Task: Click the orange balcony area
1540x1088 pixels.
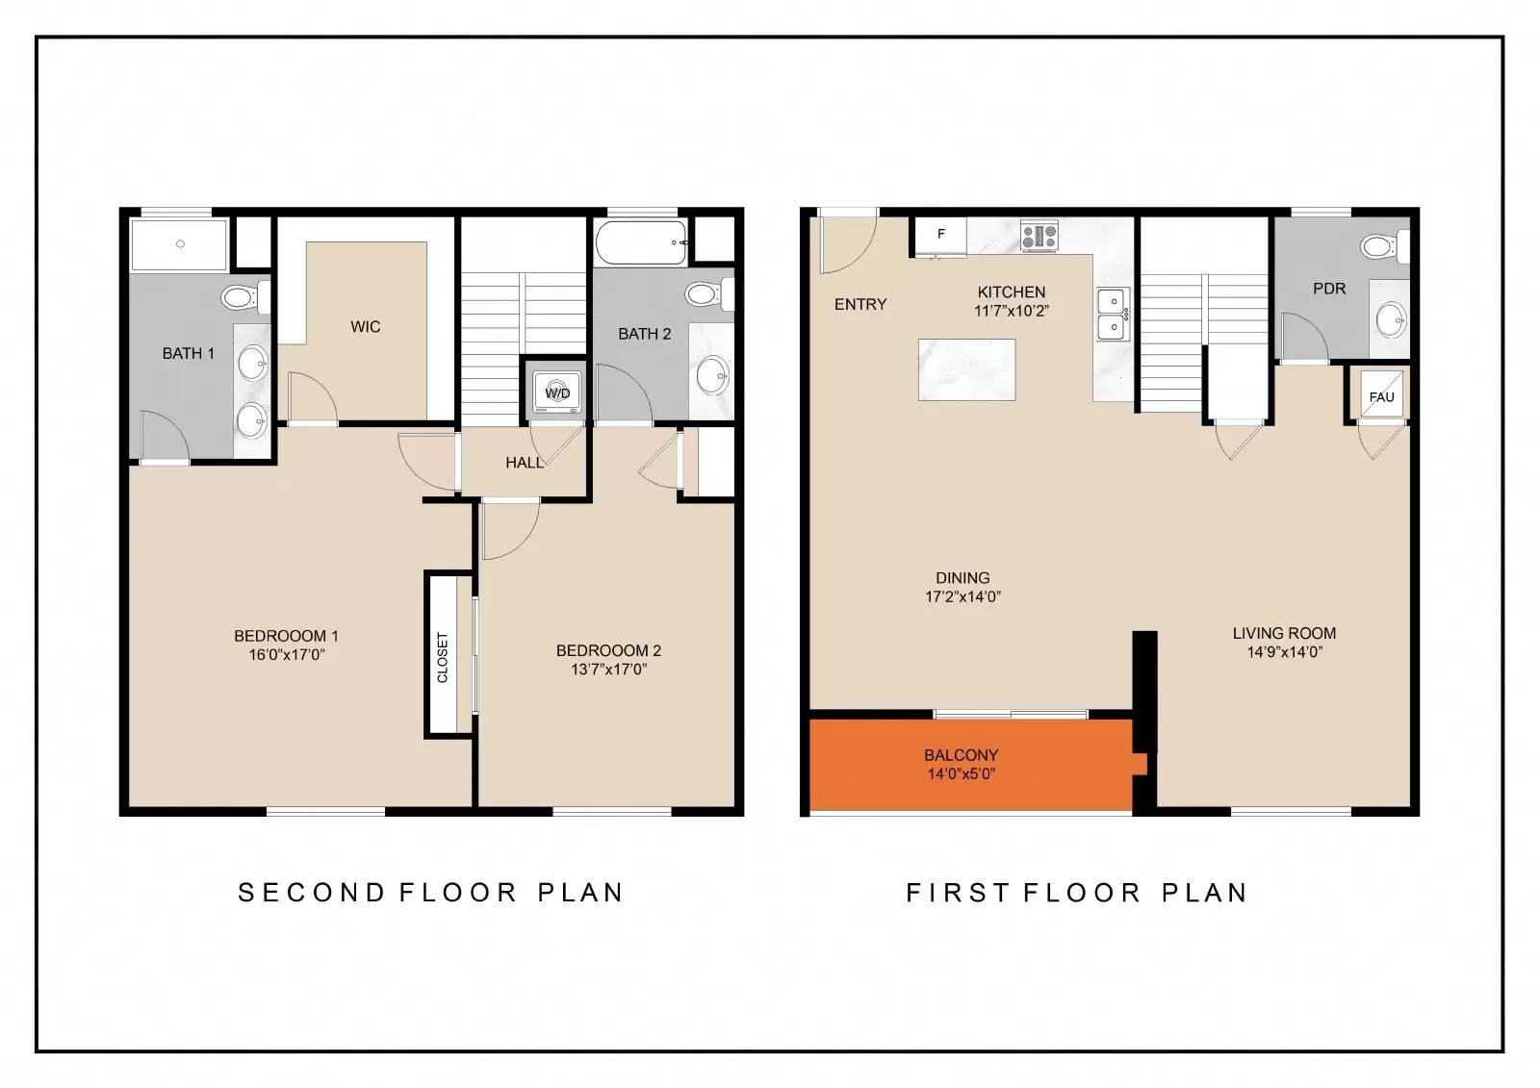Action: pos(971,765)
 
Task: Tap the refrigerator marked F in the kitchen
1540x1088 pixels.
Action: pos(940,236)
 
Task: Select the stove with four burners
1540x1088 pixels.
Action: pos(1039,235)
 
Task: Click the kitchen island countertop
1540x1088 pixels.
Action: pos(966,369)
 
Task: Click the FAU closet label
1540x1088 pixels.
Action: pos(1381,397)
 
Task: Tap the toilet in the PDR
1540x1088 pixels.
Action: pos(1385,246)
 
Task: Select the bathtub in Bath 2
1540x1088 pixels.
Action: pos(641,242)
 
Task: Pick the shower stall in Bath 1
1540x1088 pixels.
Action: pos(179,244)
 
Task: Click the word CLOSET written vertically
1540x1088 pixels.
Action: pos(442,657)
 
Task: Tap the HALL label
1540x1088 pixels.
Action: pos(525,464)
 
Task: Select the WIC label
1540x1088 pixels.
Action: pos(365,327)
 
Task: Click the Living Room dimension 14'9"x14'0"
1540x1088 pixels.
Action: pos(1284,651)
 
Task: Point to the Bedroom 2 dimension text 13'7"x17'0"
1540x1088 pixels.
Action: pos(608,669)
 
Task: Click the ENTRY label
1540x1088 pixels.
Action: pos(860,305)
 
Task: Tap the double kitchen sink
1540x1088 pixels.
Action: pos(1113,315)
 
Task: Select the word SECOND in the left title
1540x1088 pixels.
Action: pos(311,892)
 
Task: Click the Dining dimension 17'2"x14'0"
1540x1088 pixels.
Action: pos(962,596)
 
